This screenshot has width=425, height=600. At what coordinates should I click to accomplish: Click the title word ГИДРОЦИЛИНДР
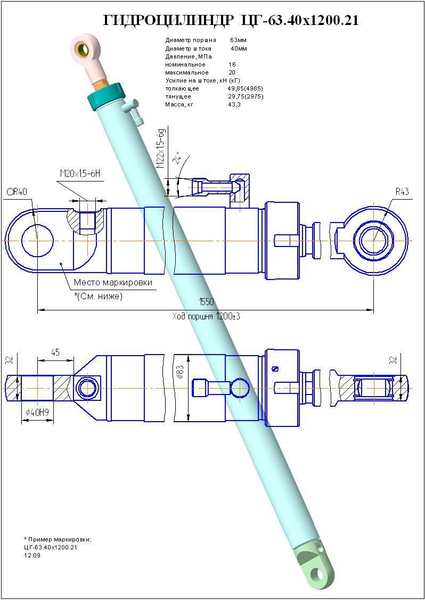(x=168, y=21)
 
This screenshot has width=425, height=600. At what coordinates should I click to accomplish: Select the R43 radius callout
(x=402, y=191)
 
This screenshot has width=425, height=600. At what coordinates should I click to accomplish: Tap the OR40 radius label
(x=17, y=192)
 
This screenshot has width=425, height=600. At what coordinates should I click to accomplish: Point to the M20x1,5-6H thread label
(x=80, y=174)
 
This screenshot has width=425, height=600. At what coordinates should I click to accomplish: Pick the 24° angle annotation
(x=177, y=158)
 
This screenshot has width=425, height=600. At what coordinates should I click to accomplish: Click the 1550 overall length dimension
(x=206, y=302)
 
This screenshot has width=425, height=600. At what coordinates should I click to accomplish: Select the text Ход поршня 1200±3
(x=206, y=317)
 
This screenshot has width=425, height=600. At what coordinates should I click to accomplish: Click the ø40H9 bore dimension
(x=37, y=412)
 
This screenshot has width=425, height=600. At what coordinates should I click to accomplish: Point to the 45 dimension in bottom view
(x=55, y=352)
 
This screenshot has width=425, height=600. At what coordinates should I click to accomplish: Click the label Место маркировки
(x=113, y=283)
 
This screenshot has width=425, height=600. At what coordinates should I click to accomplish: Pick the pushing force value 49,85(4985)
(x=245, y=88)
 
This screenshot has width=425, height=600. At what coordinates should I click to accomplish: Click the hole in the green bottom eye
(x=318, y=575)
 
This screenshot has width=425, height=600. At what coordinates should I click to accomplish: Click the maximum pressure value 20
(x=232, y=72)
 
